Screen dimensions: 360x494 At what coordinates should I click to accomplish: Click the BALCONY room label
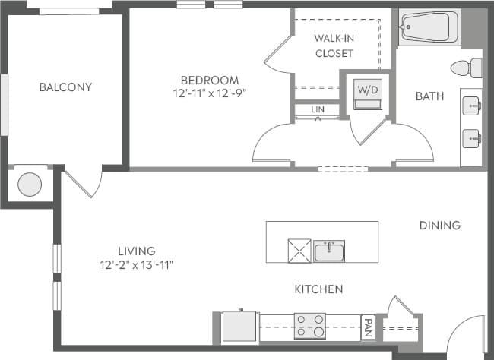[65, 87]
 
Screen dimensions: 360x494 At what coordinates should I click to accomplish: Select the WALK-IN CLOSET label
[334, 46]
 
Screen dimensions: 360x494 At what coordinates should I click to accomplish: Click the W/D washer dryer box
[368, 94]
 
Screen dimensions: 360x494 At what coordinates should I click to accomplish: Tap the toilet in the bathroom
[465, 68]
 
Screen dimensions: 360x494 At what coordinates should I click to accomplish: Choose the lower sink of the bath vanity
[472, 137]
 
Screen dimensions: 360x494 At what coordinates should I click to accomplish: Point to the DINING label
[439, 225]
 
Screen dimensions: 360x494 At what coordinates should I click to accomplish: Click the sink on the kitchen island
[329, 251]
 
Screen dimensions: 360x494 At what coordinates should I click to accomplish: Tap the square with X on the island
[298, 250]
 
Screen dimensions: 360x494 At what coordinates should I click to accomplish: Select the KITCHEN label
[318, 289]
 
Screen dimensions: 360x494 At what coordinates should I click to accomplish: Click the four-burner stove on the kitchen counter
[309, 327]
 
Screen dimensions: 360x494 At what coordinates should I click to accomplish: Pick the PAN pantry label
[368, 327]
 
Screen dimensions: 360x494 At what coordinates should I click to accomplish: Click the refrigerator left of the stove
[239, 327]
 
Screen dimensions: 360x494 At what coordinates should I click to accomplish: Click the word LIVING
[137, 251]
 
